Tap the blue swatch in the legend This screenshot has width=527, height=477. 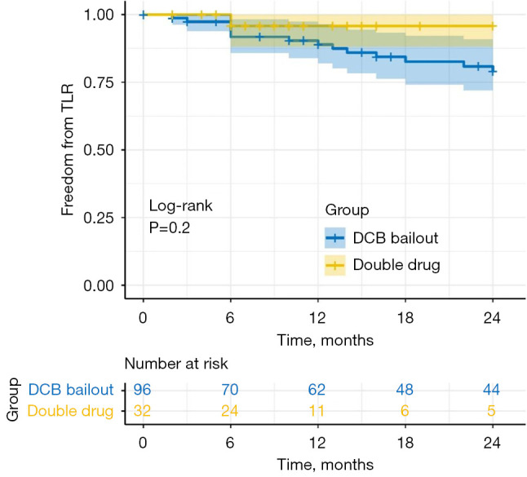[334, 238]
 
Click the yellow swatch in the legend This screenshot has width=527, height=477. [334, 264]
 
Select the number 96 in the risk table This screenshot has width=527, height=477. [143, 390]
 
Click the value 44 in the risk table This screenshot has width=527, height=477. [492, 390]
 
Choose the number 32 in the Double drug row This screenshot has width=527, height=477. [143, 411]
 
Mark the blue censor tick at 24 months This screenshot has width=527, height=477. [492, 72]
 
